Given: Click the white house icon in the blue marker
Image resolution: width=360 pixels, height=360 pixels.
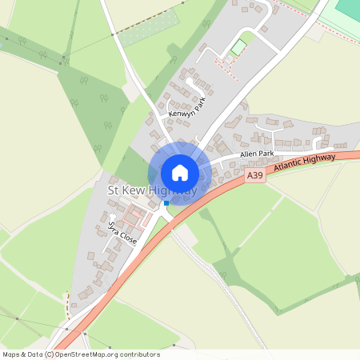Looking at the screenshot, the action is tap(180, 173).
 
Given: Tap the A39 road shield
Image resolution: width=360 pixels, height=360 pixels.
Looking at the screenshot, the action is tap(254, 175).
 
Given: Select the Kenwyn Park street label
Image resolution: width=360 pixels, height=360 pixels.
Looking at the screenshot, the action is tap(187, 109).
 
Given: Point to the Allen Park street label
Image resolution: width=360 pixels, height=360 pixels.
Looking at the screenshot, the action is tap(257, 153).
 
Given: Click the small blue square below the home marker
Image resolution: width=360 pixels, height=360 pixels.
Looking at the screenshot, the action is tap(166, 203).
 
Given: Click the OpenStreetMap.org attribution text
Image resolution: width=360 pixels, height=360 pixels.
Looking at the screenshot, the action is tap(106, 354).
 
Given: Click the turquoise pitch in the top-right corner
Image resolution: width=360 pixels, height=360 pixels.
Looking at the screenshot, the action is tap(348, 10).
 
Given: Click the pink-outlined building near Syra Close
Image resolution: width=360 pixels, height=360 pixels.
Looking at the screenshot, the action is tap(137, 214).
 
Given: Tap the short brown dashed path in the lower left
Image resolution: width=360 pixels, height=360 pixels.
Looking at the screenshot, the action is tap(67, 304).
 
